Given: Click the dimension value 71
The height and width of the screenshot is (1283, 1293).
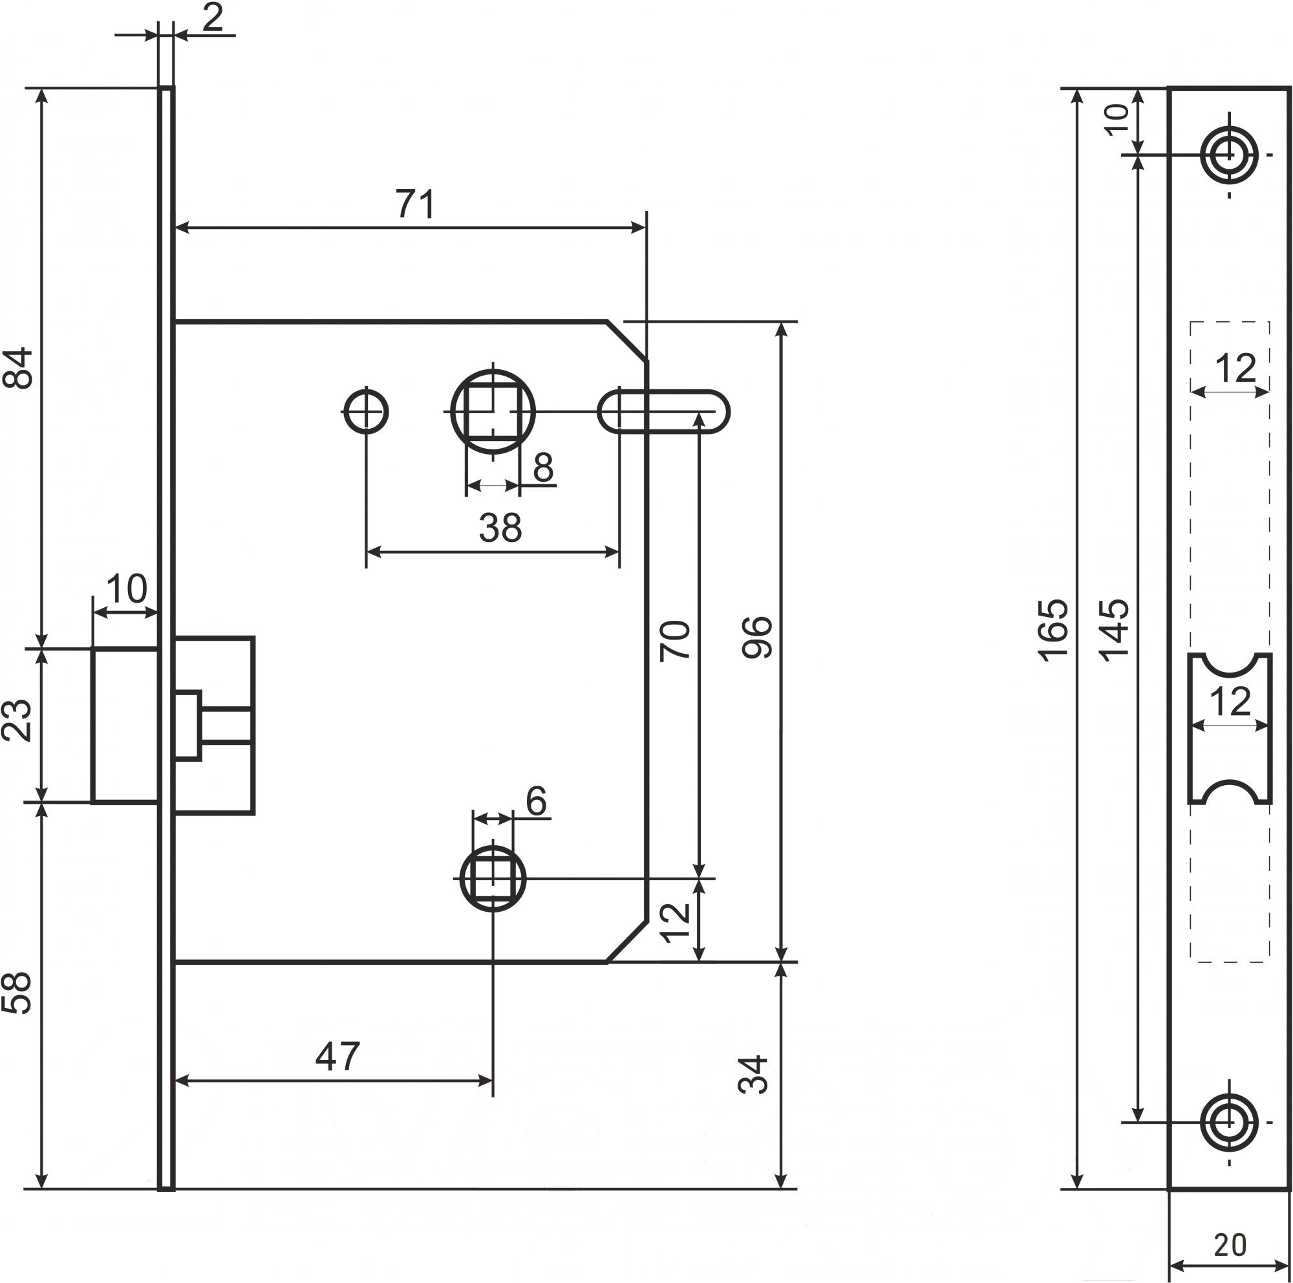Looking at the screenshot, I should click(416, 204).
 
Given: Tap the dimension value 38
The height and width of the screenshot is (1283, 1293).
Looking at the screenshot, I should click(500, 528).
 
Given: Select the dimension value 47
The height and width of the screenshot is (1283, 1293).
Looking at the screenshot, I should click(337, 1056).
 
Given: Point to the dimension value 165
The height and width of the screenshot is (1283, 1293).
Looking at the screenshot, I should click(1053, 631).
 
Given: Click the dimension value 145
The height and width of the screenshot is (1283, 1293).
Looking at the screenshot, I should click(1115, 631).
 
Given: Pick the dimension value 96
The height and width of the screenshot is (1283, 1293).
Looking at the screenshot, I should click(758, 637).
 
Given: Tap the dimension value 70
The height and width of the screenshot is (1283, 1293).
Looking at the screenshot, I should click(676, 640).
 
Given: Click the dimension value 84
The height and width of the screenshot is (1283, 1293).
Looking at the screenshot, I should click(18, 367).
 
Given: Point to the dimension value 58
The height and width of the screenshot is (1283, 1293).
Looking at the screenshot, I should click(18, 993).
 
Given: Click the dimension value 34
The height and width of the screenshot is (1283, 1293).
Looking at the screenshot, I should click(754, 1075).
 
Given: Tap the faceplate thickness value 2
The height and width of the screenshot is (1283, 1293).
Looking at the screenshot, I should click(212, 19).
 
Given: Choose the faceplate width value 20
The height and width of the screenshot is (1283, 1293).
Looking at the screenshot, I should click(1230, 1245).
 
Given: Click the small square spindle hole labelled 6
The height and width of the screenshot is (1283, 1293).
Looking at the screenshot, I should click(493, 879).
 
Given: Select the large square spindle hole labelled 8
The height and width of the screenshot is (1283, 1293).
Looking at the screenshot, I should click(493, 411).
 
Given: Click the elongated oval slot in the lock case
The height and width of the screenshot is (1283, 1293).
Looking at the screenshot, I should click(663, 411).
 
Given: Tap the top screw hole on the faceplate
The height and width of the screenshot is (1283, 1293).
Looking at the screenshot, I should click(1229, 155).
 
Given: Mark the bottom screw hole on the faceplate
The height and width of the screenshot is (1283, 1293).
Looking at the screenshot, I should click(1229, 1123).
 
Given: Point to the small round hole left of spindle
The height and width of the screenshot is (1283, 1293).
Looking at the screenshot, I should click(365, 411).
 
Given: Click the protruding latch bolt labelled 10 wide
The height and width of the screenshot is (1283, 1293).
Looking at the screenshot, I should click(125, 725).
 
